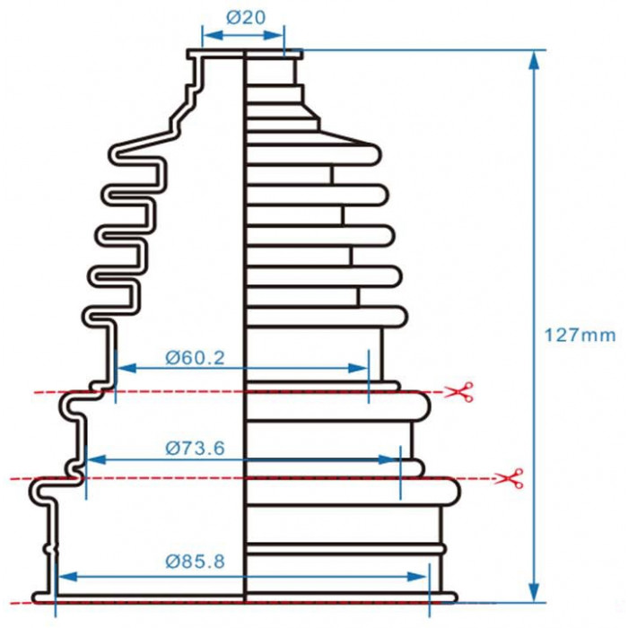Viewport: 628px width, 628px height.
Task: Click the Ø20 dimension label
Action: coord(246,17)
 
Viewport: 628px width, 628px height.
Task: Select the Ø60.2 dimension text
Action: coord(195,358)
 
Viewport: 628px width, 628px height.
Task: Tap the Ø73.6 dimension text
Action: coord(195,448)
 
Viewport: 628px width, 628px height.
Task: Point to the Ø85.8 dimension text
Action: coord(195,561)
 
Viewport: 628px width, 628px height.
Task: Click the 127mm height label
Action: coord(580,335)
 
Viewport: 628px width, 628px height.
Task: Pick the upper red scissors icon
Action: coord(460,391)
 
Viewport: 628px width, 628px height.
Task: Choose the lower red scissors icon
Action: coord(510,478)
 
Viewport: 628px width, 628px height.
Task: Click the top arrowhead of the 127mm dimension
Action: coord(534,61)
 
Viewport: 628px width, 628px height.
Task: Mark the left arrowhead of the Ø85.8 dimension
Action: coord(67,577)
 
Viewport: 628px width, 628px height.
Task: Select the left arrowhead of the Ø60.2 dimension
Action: coord(127,368)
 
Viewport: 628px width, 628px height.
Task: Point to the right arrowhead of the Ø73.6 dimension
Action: coord(388,459)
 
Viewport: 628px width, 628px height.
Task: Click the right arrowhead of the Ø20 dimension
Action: coord(273,36)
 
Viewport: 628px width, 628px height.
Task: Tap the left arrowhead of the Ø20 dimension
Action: coord(214,36)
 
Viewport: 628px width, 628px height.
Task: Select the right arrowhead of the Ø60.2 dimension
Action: coord(357,368)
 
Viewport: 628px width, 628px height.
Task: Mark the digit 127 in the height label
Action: coord(561,335)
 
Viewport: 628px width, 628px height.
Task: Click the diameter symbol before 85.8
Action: coord(172,561)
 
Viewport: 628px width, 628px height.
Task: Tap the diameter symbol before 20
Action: coord(233,17)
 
